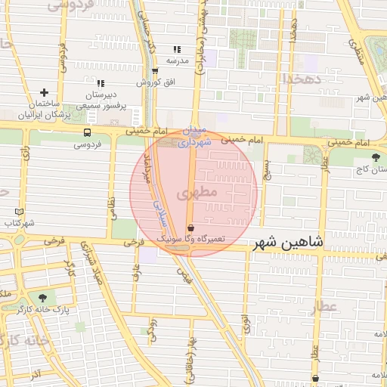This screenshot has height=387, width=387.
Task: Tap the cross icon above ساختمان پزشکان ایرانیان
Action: pos(45,91)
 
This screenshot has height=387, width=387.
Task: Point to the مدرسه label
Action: pos(176,59)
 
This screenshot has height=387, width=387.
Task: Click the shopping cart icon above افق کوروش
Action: pos(156,71)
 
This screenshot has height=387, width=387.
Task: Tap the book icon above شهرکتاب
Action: pos(20,212)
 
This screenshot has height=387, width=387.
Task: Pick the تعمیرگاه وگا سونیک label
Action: pos(190,238)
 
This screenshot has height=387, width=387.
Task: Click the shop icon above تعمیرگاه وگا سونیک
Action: pos(190,228)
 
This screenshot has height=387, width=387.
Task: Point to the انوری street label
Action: pos(246,326)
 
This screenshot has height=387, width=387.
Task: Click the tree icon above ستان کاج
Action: pos(376,157)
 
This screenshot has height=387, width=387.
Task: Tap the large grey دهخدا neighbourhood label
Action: pos(304,78)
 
